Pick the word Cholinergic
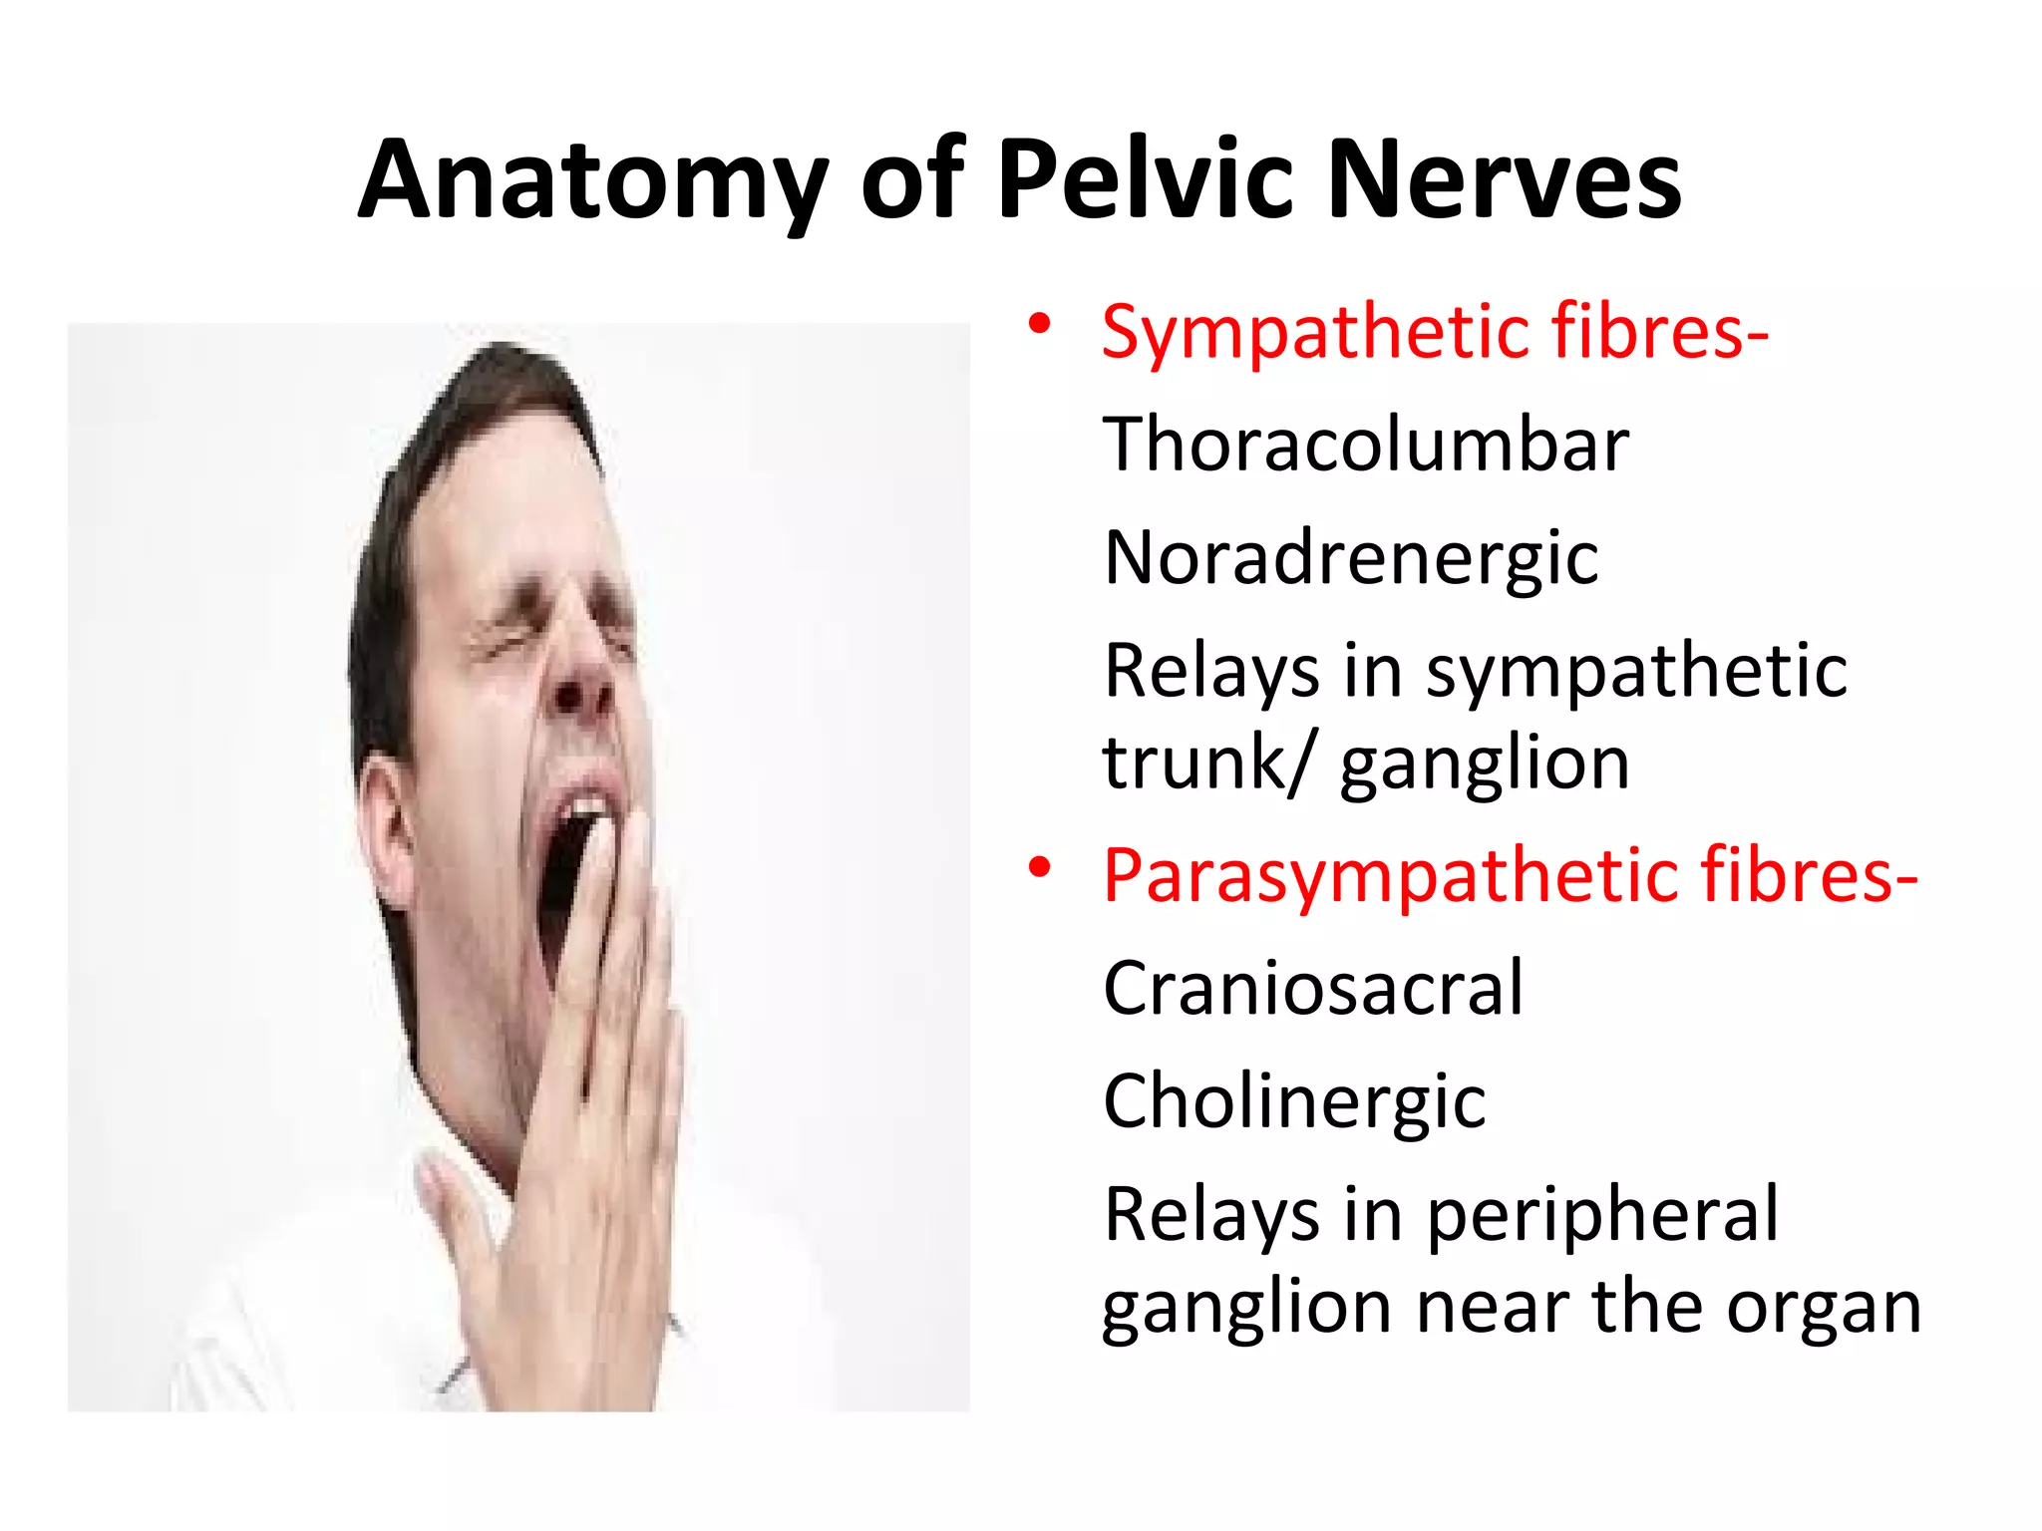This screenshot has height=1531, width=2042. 1294,1101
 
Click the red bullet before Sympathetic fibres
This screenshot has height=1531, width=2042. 1040,324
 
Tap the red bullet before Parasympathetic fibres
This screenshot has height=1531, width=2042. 1040,867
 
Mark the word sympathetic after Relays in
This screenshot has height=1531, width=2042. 1635,671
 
